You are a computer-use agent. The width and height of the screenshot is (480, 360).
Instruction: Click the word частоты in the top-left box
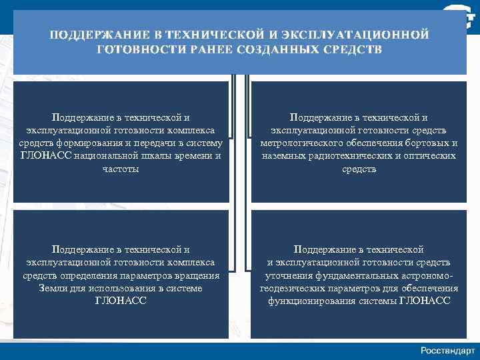point(121,169)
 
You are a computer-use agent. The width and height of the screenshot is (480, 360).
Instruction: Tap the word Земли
point(54,288)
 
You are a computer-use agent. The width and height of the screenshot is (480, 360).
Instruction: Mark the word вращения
point(197,275)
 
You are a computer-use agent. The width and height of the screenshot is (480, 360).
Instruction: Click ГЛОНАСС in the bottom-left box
point(121,301)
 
